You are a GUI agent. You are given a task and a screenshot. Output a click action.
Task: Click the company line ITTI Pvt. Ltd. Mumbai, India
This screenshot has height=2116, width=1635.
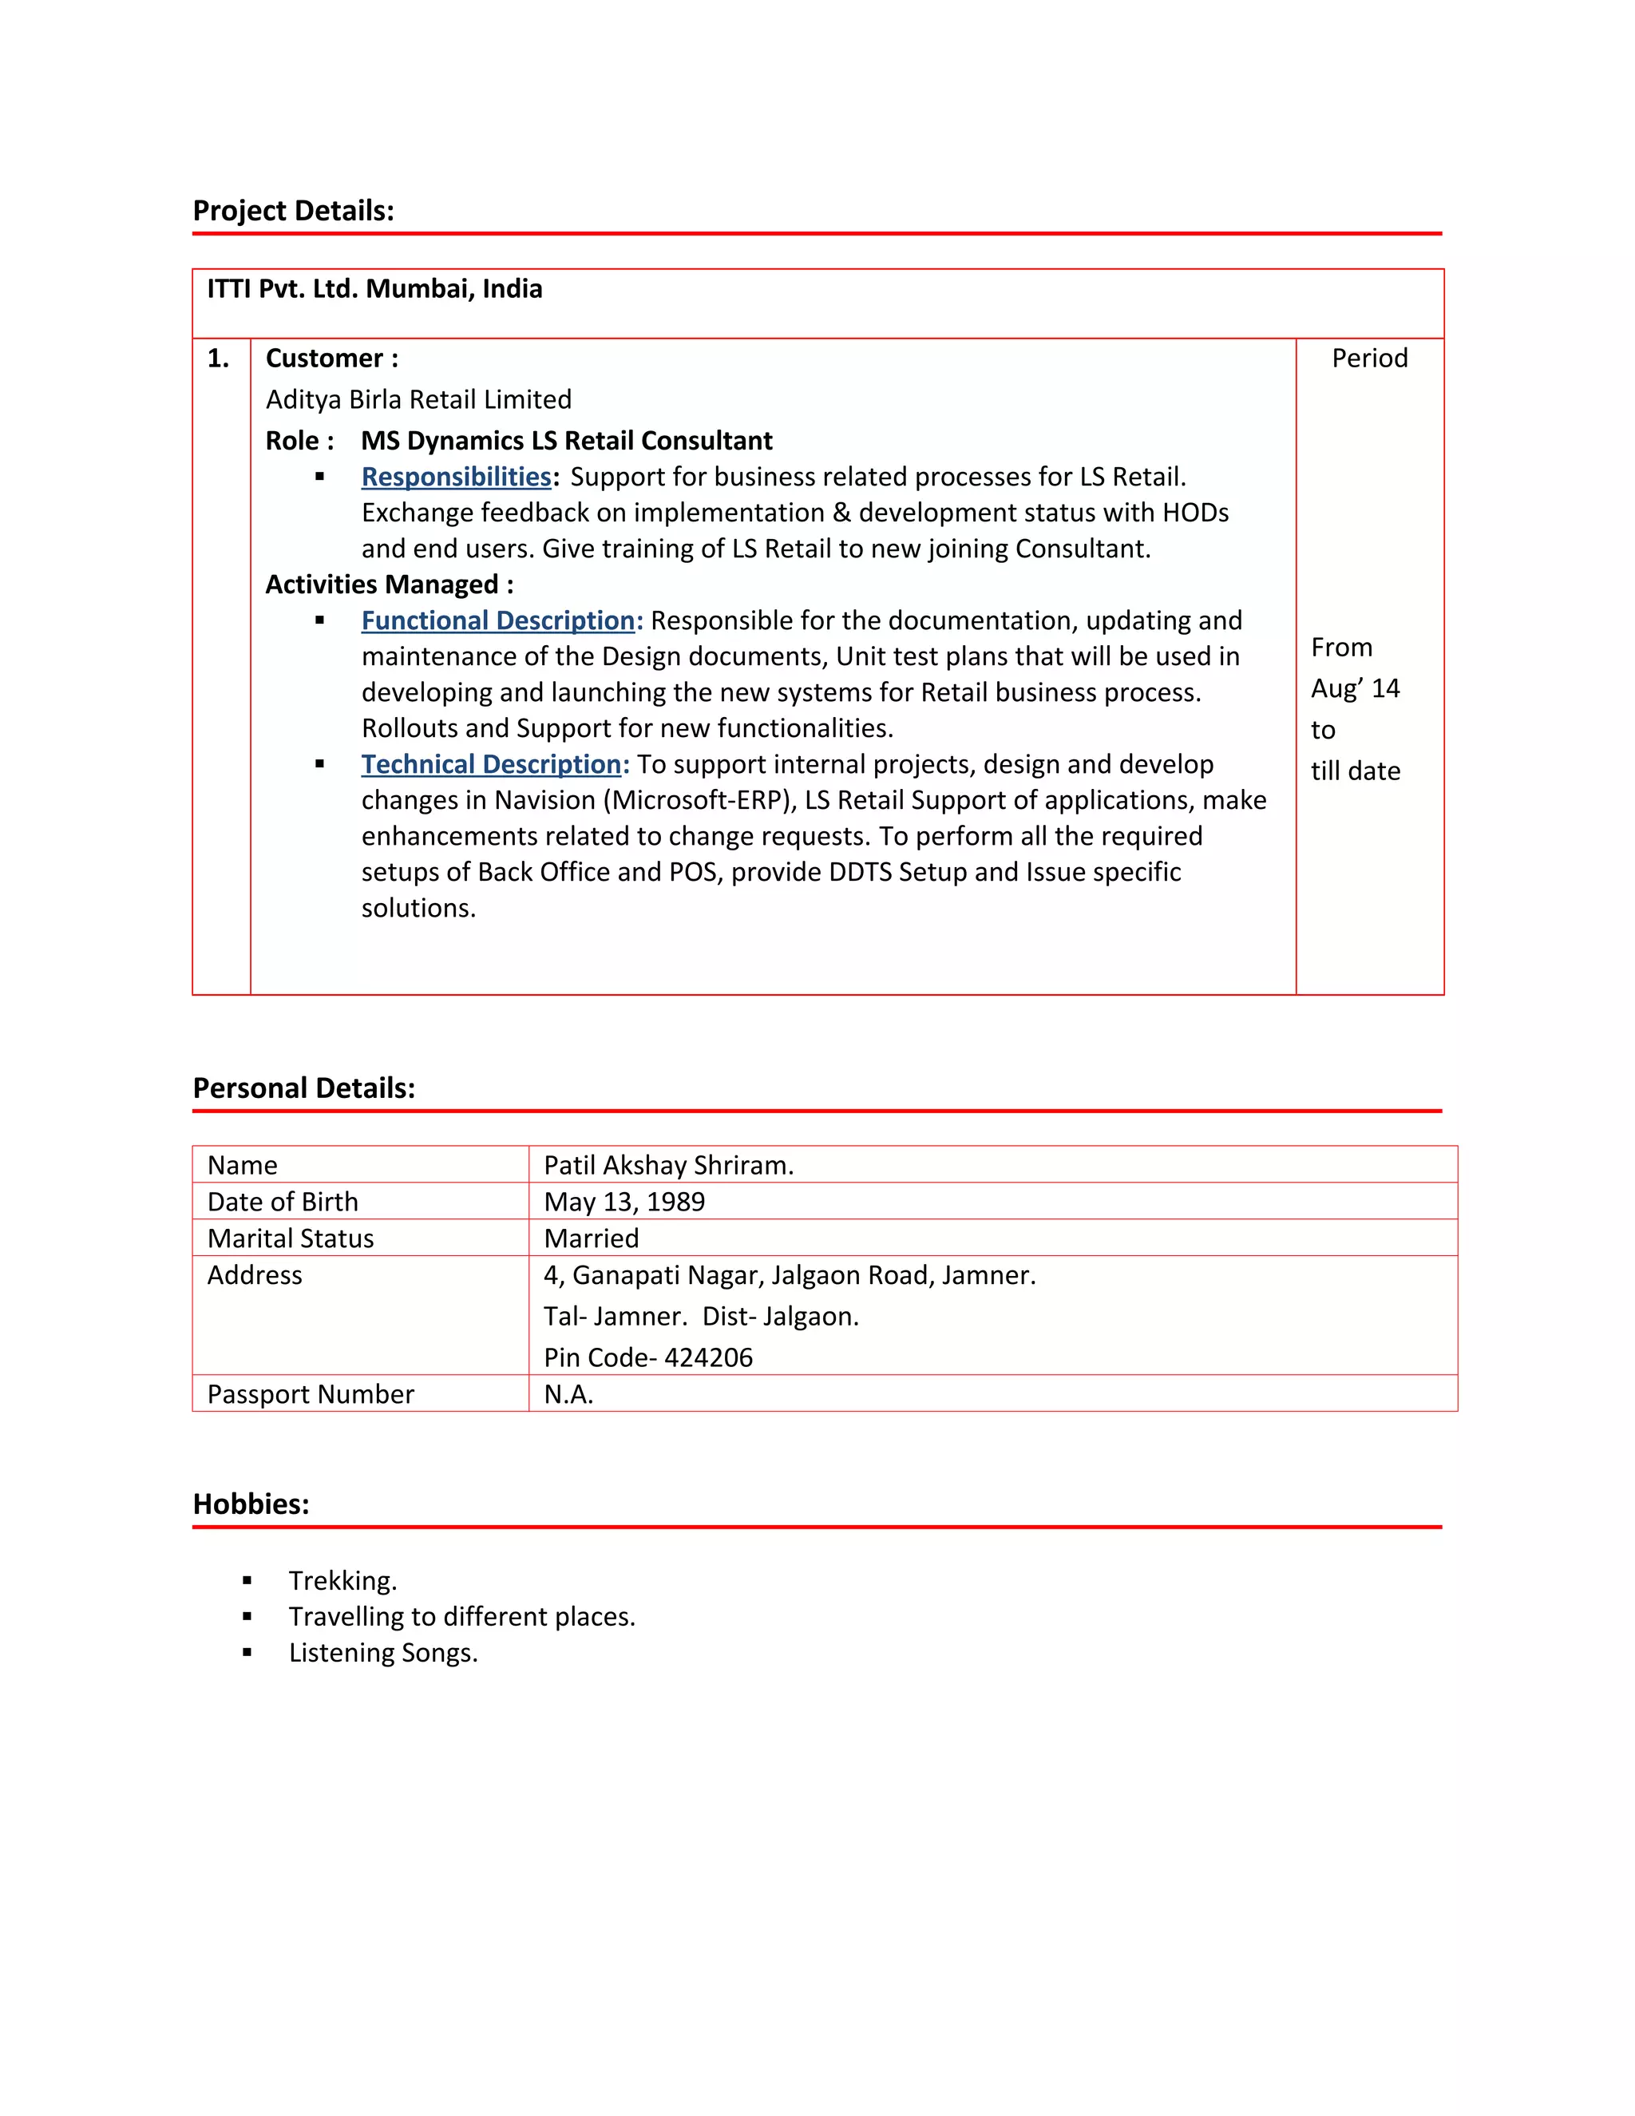[x=375, y=289]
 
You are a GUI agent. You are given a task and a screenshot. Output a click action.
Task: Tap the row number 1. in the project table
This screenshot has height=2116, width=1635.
[x=219, y=359]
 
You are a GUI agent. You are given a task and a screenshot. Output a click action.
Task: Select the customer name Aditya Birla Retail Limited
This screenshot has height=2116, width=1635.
[x=418, y=399]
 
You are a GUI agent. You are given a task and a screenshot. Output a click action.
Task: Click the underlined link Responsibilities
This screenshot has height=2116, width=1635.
[x=456, y=477]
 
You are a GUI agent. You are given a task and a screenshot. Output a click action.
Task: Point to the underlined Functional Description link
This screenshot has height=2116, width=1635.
[x=501, y=620]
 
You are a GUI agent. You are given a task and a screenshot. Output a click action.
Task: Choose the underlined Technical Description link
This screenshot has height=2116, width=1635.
[x=495, y=764]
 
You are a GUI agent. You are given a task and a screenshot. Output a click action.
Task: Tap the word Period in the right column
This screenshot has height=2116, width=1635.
[x=1368, y=359]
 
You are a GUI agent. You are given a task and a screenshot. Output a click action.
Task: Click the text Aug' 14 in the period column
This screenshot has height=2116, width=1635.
[x=1355, y=689]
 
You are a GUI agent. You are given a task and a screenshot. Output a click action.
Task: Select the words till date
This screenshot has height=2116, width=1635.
[x=1355, y=771]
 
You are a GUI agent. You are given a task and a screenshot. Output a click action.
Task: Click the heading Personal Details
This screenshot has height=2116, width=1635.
[x=303, y=1088]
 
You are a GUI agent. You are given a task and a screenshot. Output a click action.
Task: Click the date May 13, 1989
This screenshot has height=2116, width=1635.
[x=625, y=1203]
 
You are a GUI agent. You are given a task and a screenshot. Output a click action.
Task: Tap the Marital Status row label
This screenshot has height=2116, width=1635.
[x=291, y=1238]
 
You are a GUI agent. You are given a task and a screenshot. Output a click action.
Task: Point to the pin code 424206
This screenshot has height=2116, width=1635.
[x=708, y=1357]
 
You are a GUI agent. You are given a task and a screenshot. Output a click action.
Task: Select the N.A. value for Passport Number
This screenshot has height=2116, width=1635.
[x=568, y=1394]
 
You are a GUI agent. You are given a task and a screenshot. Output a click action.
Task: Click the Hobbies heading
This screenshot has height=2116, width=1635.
[x=251, y=1504]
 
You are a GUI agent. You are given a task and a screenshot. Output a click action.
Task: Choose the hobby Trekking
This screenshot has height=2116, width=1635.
[x=342, y=1581]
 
